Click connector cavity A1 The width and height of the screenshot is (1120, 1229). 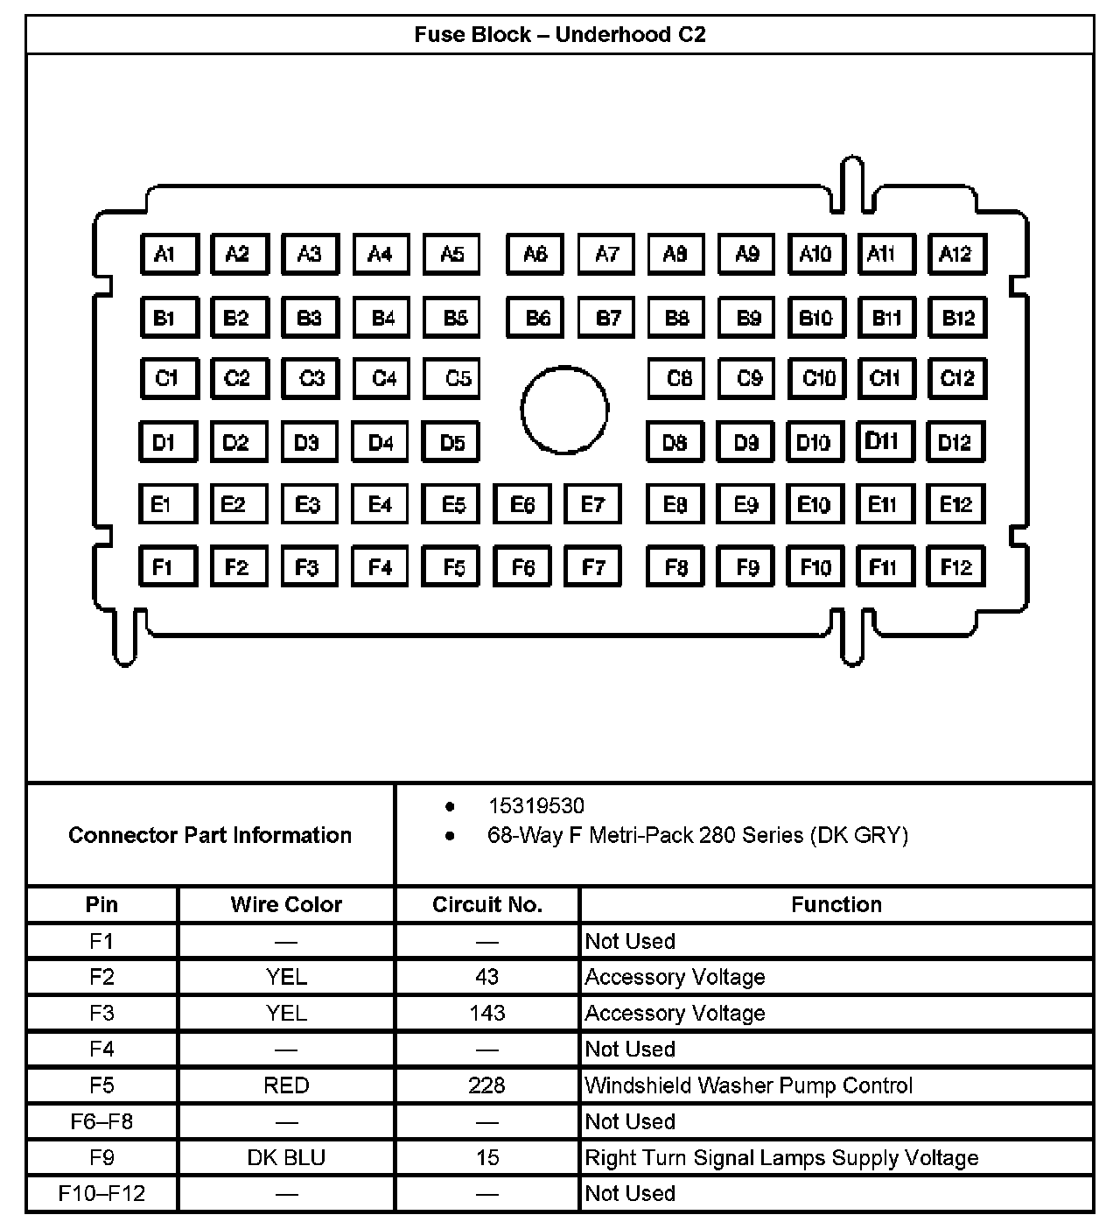tap(169, 254)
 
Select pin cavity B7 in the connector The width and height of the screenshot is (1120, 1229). tap(606, 317)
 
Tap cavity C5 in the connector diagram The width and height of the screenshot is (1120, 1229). tap(451, 378)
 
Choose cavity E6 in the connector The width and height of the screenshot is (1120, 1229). tap(522, 504)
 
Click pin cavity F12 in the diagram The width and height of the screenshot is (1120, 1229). tap(955, 566)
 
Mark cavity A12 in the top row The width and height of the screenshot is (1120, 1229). tap(955, 254)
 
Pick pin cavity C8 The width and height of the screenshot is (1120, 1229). tap(676, 378)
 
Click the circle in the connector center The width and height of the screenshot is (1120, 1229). tap(564, 409)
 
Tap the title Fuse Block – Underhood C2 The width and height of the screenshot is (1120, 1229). tap(560, 35)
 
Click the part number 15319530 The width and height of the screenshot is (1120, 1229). tap(535, 805)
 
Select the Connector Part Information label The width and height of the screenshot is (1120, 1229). tap(210, 835)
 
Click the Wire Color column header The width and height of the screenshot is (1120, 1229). tap(286, 904)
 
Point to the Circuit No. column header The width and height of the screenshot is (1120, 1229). tap(487, 904)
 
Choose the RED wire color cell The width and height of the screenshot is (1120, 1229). tap(286, 1085)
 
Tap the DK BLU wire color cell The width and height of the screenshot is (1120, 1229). tap(286, 1157)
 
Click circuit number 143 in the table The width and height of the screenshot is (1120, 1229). tap(487, 1013)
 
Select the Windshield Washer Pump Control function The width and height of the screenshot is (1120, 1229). tap(748, 1085)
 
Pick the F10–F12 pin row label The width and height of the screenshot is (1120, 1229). tap(101, 1193)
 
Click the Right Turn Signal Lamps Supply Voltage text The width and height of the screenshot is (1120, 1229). tap(781, 1157)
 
